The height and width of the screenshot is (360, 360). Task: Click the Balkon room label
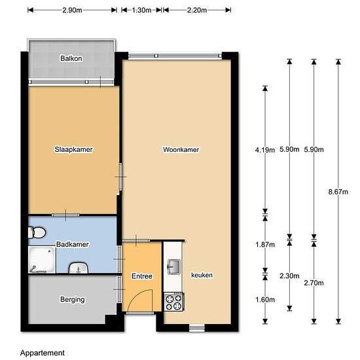pos(71,58)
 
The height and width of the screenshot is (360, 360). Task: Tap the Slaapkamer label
pos(73,149)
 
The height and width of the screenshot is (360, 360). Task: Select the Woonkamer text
pos(181,150)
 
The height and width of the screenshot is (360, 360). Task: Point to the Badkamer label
pos(72,244)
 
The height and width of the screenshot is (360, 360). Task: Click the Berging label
pos(72,299)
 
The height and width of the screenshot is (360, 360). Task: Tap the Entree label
pos(142,276)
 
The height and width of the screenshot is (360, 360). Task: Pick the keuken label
pos(202,275)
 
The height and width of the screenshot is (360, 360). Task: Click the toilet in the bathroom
pos(37,233)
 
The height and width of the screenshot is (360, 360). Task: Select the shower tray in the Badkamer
pos(42,260)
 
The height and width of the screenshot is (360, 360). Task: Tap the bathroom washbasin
pos(79,268)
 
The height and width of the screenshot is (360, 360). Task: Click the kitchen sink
pos(174,267)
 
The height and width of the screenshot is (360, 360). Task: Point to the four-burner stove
pos(174,302)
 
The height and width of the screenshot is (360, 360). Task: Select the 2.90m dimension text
pos(72,10)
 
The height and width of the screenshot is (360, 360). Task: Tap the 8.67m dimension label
pos(338,192)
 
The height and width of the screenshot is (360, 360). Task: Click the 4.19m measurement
pos(265,150)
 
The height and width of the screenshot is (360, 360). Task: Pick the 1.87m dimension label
pos(265,245)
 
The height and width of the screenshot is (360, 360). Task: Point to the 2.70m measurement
pos(314,283)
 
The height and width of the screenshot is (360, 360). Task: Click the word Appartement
pos(43,353)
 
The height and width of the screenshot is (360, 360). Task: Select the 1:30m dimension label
pos(141,10)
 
